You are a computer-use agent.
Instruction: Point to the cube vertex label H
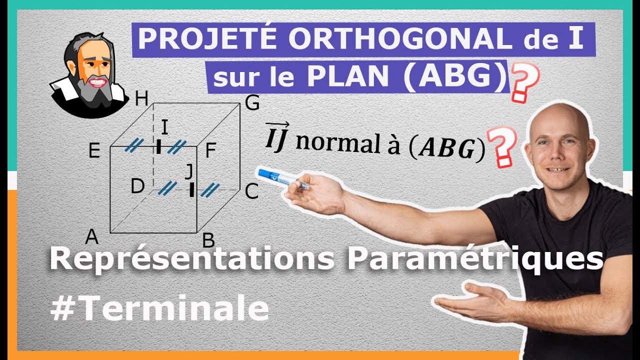pyautogui.click(x=142, y=100)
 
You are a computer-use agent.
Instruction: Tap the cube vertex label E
pyautogui.click(x=94, y=150)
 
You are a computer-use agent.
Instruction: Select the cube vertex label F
pyautogui.click(x=210, y=151)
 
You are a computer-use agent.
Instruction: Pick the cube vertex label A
pyautogui.click(x=91, y=236)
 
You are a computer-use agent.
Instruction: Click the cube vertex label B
pyautogui.click(x=208, y=241)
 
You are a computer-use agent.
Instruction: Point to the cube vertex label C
pyautogui.click(x=251, y=191)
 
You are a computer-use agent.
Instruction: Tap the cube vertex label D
pyautogui.click(x=137, y=186)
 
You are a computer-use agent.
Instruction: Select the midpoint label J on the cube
pyautogui.click(x=188, y=171)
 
